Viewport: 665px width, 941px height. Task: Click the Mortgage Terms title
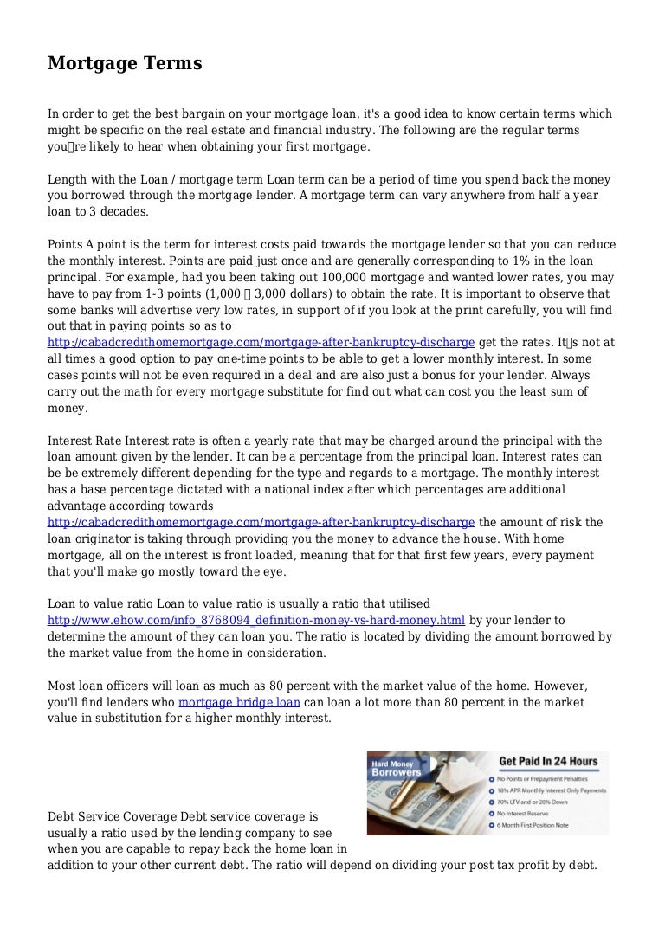pyautogui.click(x=125, y=64)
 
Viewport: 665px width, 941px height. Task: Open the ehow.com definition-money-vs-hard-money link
pyautogui.click(x=256, y=620)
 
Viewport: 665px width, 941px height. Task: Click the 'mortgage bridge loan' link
pyautogui.click(x=237, y=702)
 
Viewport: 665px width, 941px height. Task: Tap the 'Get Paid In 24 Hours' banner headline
pyautogui.click(x=548, y=762)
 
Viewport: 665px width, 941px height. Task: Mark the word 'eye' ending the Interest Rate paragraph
pyautogui.click(x=278, y=571)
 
